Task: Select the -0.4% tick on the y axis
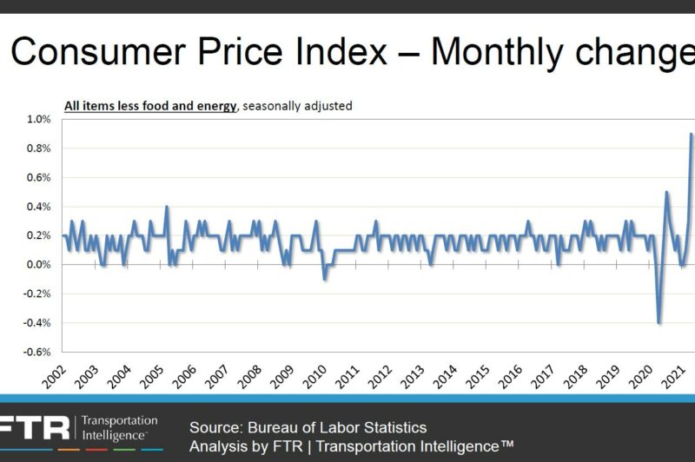(38, 323)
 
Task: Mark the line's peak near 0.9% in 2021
(692, 134)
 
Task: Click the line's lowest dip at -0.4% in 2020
(659, 322)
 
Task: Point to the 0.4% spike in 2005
(167, 207)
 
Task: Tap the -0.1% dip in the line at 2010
(324, 279)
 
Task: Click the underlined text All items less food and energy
(150, 106)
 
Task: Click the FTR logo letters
(35, 427)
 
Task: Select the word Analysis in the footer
(217, 446)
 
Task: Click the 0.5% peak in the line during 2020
(666, 192)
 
